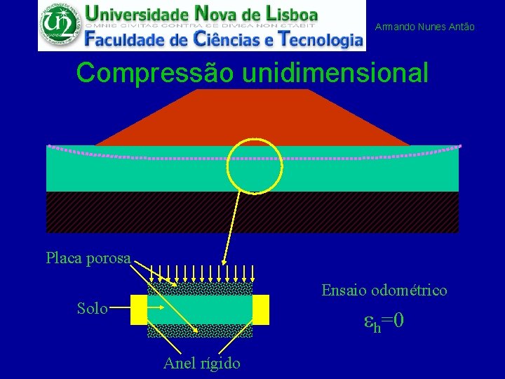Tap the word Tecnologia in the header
pos(320,39)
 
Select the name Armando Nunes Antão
pos(424,27)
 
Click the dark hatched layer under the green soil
pos(252,211)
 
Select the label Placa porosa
pos(88,258)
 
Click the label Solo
pos(92,308)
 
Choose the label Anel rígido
pos(201,363)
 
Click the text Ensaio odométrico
pos(384,290)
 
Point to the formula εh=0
pos(384,322)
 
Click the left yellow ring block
pos(139,310)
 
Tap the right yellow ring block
pos(261,310)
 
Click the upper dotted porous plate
pos(200,288)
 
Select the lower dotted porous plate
pos(200,331)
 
